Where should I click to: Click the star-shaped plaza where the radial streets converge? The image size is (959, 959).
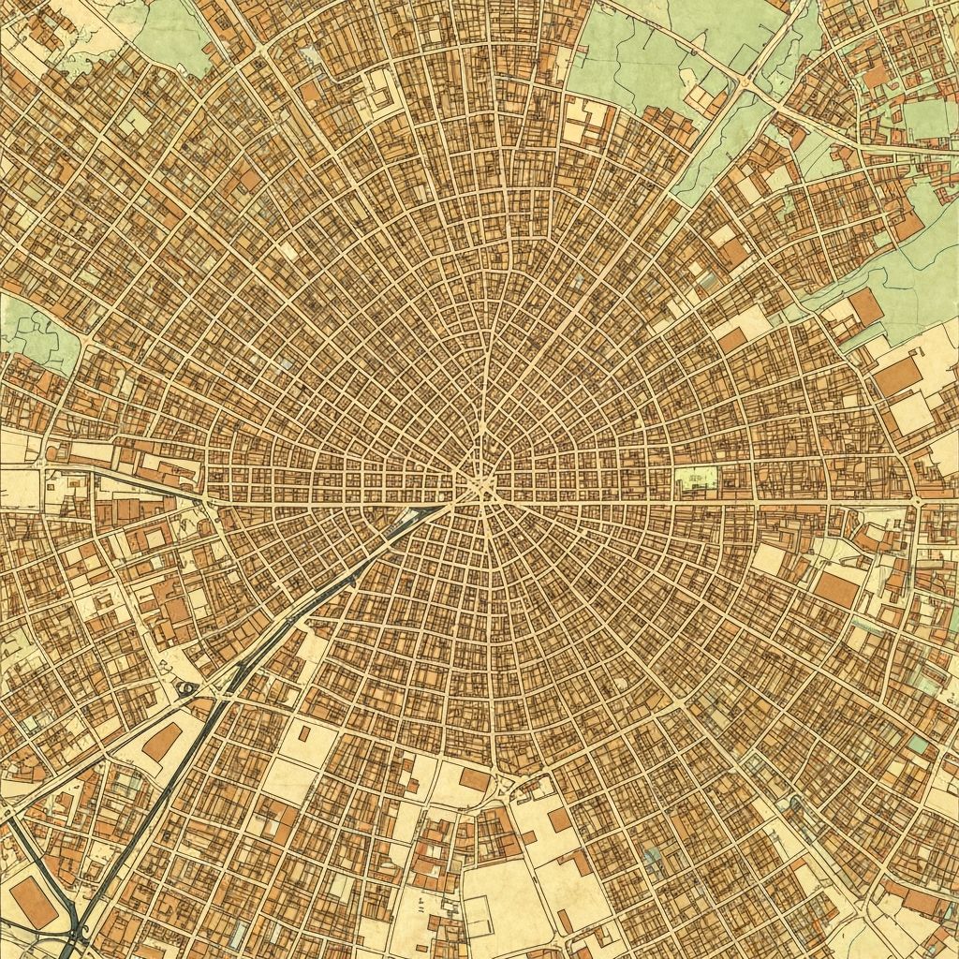tap(480, 487)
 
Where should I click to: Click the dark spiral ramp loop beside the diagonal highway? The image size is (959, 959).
tap(188, 690)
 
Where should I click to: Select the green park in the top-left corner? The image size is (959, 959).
tap(173, 33)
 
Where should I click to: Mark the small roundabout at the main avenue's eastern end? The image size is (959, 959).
tap(917, 503)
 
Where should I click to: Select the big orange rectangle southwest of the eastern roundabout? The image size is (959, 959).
tap(836, 589)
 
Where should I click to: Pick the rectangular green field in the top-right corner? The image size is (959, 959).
tap(927, 118)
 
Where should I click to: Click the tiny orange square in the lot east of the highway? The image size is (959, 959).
tap(303, 732)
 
